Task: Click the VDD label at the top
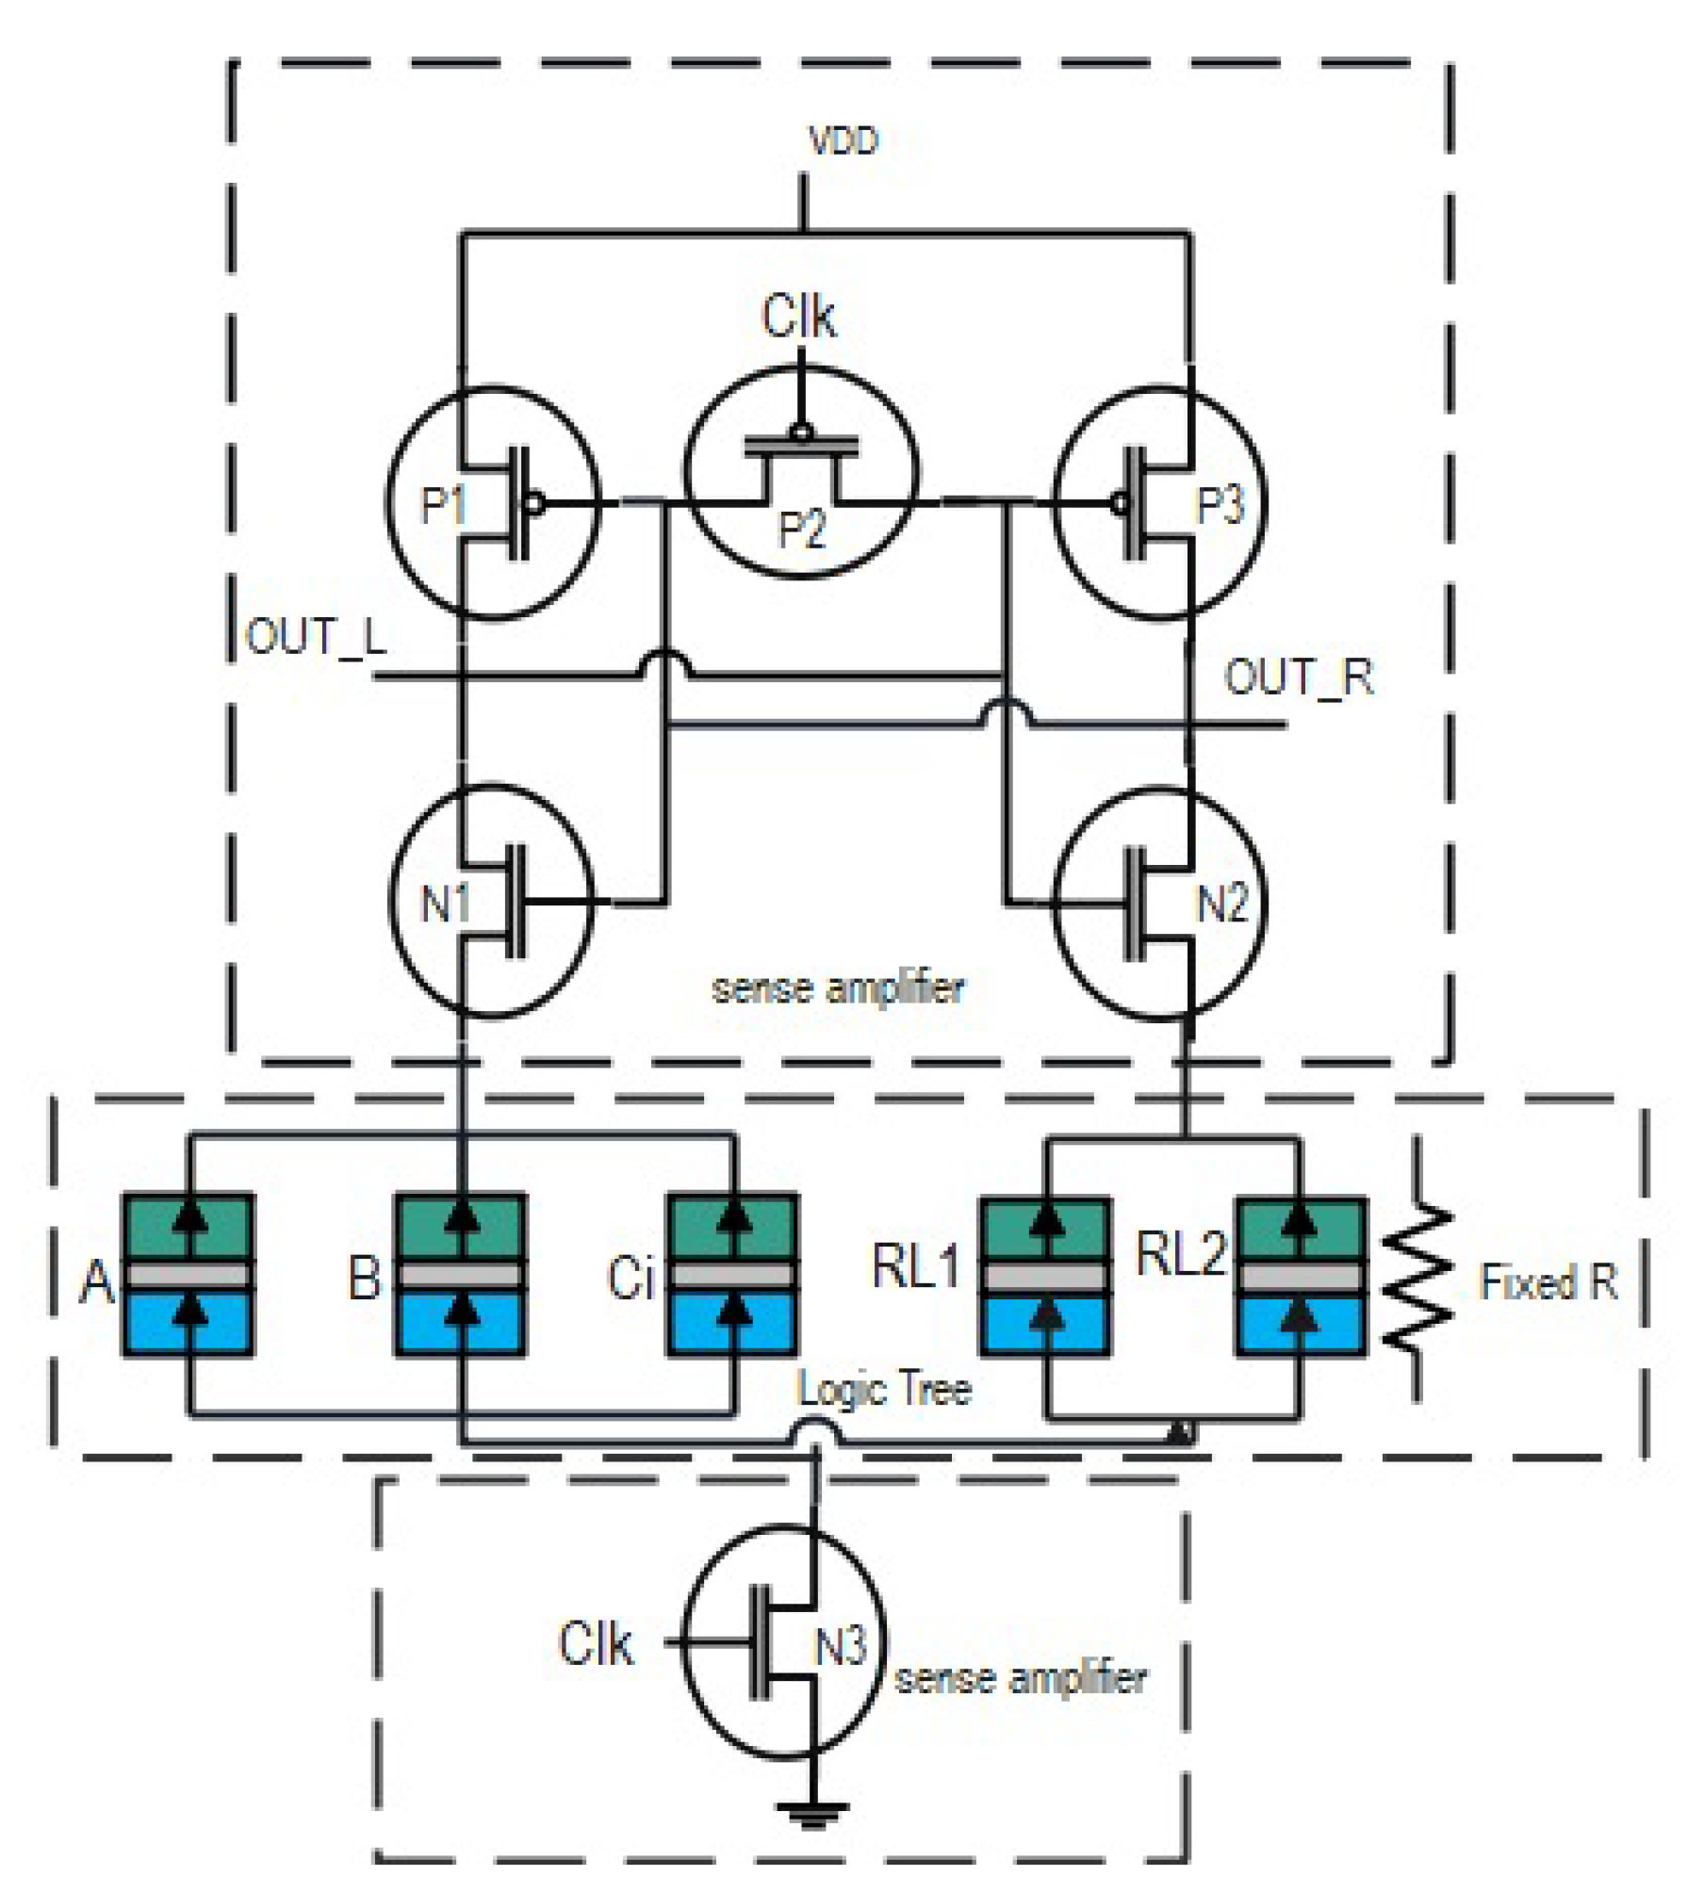(843, 140)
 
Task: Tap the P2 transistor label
(802, 529)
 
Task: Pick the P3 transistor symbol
(1159, 503)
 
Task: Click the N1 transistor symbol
(492, 902)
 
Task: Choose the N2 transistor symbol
(1159, 902)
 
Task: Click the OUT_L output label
(316, 637)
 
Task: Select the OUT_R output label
(1298, 677)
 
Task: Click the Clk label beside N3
(595, 1644)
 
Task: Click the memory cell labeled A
(188, 1275)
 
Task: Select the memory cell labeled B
(460, 1275)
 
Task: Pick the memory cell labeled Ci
(732, 1275)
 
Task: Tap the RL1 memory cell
(1046, 1277)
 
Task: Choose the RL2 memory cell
(1301, 1277)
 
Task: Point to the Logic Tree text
(883, 1389)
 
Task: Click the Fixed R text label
(1548, 1282)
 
